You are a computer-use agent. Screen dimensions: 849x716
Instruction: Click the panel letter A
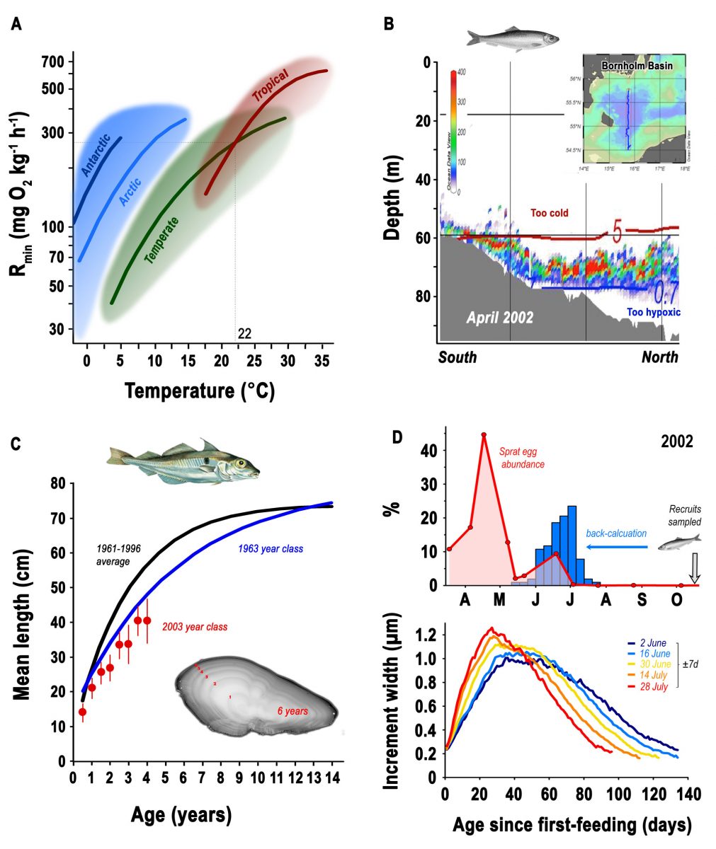click(x=16, y=25)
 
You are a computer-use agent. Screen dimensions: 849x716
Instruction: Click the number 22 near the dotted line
click(x=244, y=333)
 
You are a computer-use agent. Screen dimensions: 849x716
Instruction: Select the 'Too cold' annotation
click(x=550, y=212)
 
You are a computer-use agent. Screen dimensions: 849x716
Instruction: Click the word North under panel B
click(x=659, y=357)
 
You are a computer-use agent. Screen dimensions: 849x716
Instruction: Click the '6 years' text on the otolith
click(x=291, y=710)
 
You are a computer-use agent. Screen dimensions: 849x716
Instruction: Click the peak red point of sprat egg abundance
click(x=484, y=434)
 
